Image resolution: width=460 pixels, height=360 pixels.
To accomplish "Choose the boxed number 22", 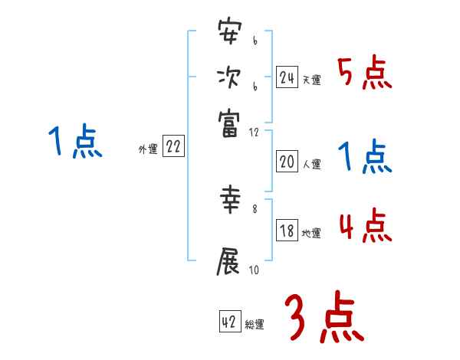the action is (173, 148).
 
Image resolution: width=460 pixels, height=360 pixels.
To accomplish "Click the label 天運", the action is (312, 80).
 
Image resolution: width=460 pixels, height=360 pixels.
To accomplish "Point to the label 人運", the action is (312, 164).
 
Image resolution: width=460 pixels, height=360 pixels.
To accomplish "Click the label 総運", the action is (255, 325).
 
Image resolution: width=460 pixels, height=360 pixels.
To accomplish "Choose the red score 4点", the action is (365, 227).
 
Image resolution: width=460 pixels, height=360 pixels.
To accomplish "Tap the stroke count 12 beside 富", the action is (254, 133).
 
